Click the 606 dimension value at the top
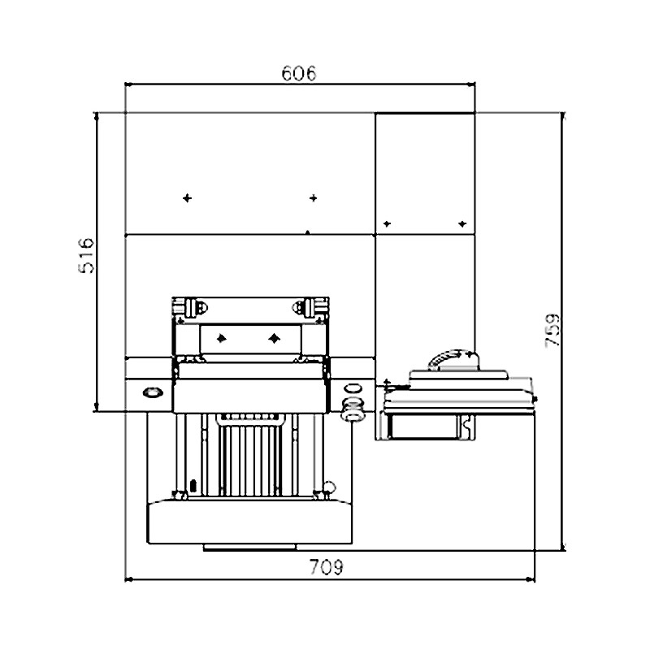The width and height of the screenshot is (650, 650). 298,73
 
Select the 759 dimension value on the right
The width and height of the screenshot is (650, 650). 552,331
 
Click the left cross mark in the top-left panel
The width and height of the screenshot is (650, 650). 188,197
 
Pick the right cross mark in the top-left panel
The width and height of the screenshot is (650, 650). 313,197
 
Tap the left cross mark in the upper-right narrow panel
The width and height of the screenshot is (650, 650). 387,223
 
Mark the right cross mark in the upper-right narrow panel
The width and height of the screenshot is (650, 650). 461,223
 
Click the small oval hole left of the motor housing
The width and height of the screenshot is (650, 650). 151,393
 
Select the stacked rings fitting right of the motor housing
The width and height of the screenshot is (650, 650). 353,409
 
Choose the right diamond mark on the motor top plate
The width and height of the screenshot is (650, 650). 274,336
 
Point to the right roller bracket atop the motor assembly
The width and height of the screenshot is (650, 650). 306,307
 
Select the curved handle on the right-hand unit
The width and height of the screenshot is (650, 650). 448,358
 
